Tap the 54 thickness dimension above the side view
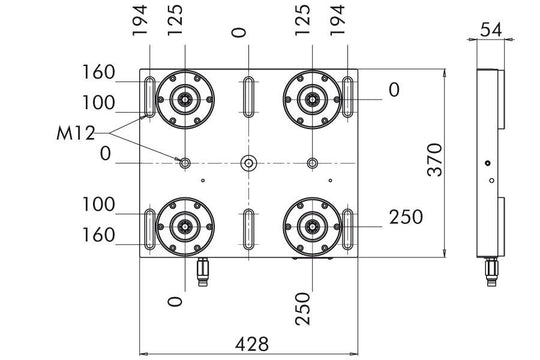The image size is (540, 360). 489,30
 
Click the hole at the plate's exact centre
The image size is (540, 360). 247,162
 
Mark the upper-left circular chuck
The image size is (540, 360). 184,98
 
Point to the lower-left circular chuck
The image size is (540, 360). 184,226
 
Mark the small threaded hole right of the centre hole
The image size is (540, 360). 312,162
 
